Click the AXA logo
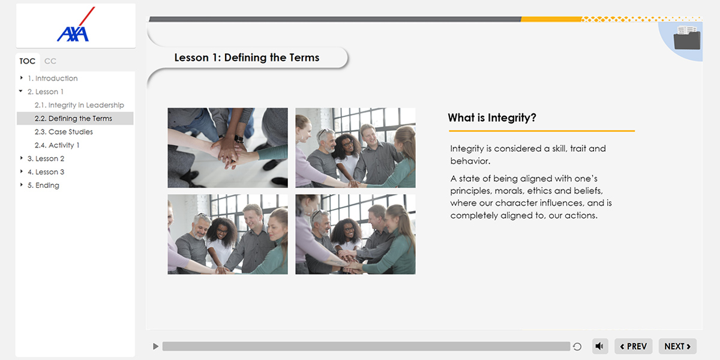pyautogui.click(x=76, y=25)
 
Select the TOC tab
pyautogui.click(x=28, y=61)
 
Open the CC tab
pyautogui.click(x=50, y=61)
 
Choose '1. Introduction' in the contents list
pyautogui.click(x=53, y=78)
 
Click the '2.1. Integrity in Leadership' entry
pyautogui.click(x=79, y=105)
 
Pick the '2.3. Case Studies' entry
pyautogui.click(x=64, y=132)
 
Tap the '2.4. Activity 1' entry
pyautogui.click(x=57, y=145)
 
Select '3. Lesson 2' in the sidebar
pyautogui.click(x=46, y=158)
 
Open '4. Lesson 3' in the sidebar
pyautogui.click(x=46, y=172)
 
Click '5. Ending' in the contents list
pyautogui.click(x=43, y=185)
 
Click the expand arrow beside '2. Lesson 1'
pyautogui.click(x=21, y=91)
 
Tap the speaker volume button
pyautogui.click(x=600, y=346)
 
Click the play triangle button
pyautogui.click(x=155, y=346)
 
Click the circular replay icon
pyautogui.click(x=577, y=347)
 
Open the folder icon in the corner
pyautogui.click(x=687, y=38)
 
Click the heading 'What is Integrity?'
pyautogui.click(x=492, y=118)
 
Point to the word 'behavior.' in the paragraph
pyautogui.click(x=470, y=161)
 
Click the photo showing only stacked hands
pyautogui.click(x=227, y=148)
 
